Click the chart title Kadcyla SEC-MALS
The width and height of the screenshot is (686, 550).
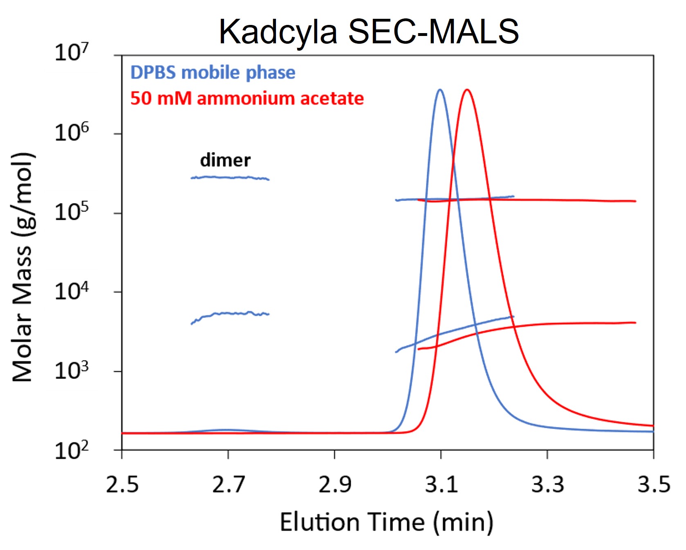[x=369, y=31]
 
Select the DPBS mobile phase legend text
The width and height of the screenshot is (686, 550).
[x=213, y=73]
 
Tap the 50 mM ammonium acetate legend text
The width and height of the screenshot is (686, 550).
[x=247, y=98]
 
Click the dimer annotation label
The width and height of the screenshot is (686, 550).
[x=225, y=160]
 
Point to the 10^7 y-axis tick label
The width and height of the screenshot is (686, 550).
[x=72, y=53]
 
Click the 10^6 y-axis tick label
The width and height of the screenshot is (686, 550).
[x=72, y=132]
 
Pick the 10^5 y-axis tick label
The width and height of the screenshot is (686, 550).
[x=72, y=211]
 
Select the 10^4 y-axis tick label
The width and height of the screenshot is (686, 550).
[x=72, y=291]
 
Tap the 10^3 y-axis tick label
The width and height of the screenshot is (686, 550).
[x=72, y=370]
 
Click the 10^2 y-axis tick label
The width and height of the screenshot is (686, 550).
[x=72, y=450]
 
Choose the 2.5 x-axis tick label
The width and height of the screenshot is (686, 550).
[x=122, y=485]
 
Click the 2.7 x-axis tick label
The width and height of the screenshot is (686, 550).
[x=228, y=485]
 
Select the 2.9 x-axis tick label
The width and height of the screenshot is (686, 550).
[x=335, y=485]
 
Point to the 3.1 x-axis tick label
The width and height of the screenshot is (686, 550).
[x=441, y=485]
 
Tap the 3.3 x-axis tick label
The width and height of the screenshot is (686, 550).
[x=547, y=485]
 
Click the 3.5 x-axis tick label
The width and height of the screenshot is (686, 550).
[x=654, y=485]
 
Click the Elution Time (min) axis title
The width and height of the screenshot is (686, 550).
[x=386, y=522]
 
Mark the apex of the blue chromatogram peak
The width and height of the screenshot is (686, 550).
[x=440, y=89]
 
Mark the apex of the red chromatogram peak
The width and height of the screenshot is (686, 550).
[x=467, y=89]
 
